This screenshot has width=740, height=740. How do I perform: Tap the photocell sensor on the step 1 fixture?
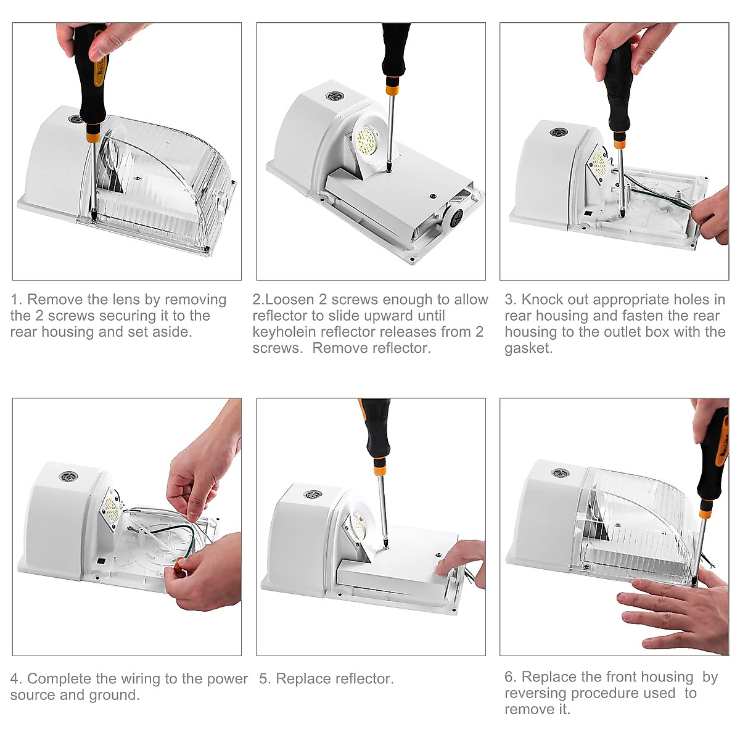[x=76, y=119]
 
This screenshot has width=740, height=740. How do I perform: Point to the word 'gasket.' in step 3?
[x=528, y=348]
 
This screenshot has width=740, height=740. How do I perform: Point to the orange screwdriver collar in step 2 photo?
[x=392, y=89]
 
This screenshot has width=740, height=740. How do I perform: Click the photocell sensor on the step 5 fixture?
[x=313, y=494]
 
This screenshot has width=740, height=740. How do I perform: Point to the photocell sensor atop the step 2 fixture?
[x=334, y=96]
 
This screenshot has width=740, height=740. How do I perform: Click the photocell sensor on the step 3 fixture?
[x=558, y=132]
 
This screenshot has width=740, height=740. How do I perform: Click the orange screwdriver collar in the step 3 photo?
[x=618, y=145]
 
